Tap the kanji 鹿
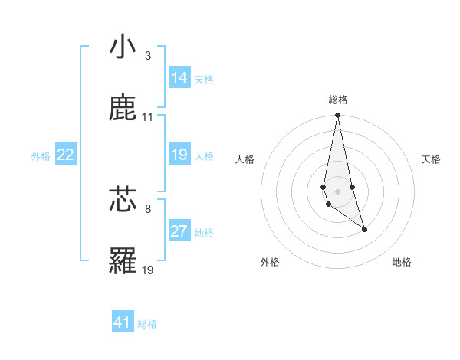coord(123,109)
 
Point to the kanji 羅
coord(123,261)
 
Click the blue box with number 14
coord(179,78)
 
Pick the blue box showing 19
coord(179,155)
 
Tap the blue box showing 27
coord(179,231)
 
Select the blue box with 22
coord(66,155)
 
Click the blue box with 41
coord(123,322)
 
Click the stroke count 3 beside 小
coord(148,55)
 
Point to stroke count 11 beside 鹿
coord(148,117)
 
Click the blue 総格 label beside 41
coord(147,324)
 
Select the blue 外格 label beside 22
coord(41,156)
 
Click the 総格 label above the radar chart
coord(338,100)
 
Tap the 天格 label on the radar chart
coord(432,159)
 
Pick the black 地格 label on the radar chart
coord(402,262)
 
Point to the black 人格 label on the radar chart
coord(245,159)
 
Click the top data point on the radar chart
coord(338,116)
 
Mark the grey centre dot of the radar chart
coord(338,191)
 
